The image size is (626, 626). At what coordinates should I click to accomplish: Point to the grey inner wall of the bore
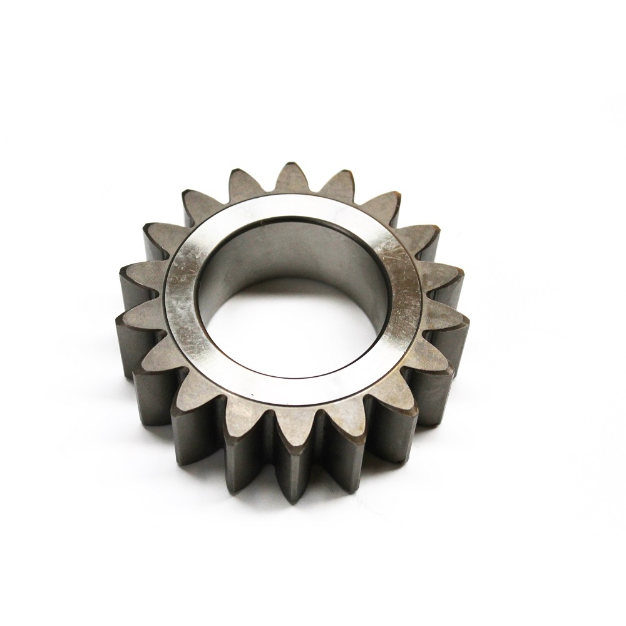click(294, 250)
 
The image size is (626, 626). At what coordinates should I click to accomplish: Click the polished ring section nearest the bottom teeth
click(294, 394)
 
